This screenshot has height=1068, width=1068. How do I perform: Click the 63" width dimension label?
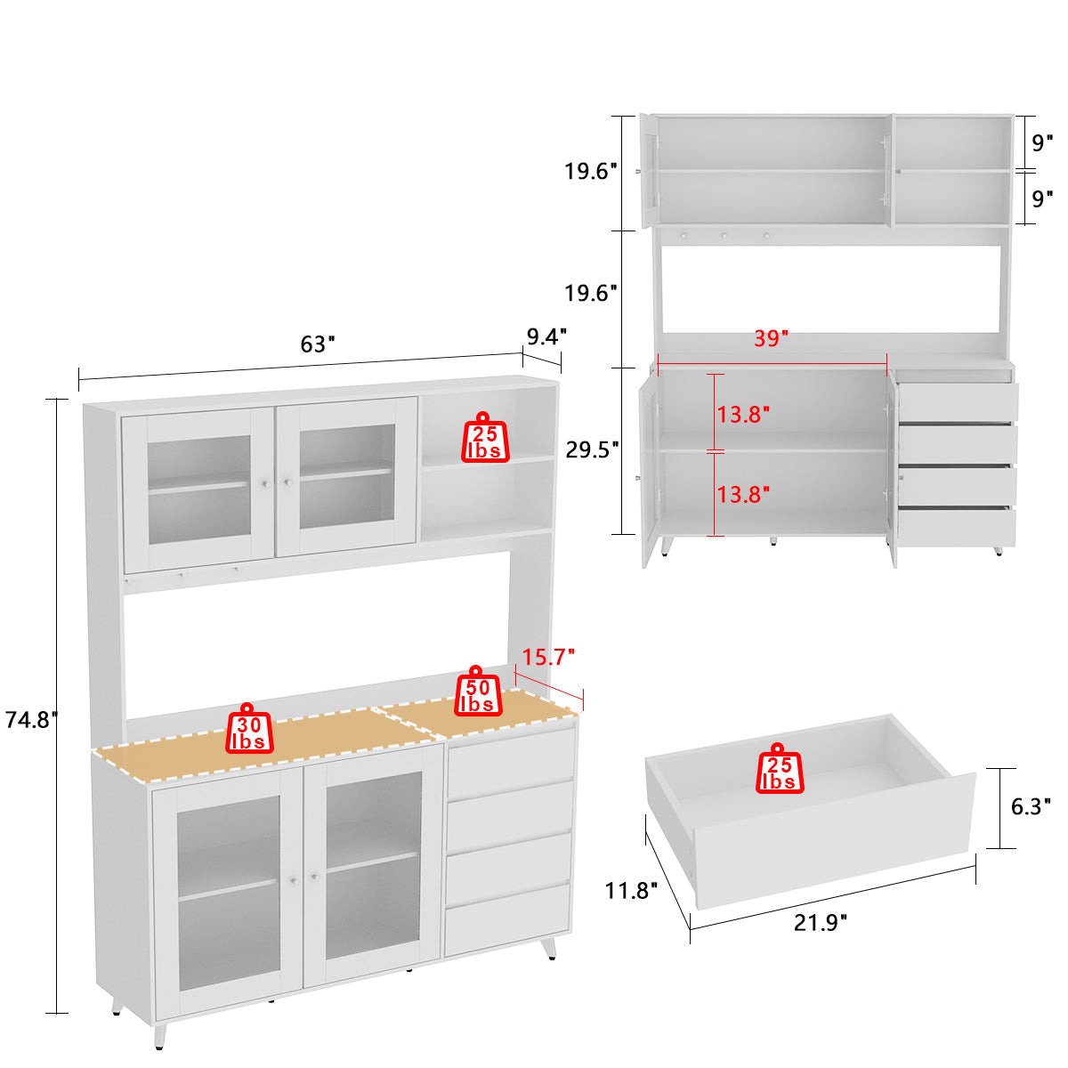317,344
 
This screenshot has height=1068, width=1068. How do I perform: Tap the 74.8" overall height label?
31,719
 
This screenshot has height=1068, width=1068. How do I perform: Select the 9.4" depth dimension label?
546,336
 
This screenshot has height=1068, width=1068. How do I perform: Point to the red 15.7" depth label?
548,658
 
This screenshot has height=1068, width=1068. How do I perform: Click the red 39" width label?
771,338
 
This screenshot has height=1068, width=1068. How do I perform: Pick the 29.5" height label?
592,449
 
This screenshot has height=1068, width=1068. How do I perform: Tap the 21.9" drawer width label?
820,922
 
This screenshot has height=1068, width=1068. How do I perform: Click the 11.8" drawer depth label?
631,889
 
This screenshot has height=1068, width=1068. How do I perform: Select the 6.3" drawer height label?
1032,806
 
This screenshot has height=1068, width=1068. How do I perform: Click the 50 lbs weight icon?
477,692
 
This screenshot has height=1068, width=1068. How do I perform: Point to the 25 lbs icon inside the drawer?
779,770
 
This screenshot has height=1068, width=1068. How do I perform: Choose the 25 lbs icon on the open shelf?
485,439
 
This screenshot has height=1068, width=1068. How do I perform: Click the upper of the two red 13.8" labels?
743,414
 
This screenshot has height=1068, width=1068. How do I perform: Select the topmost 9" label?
1042,142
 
